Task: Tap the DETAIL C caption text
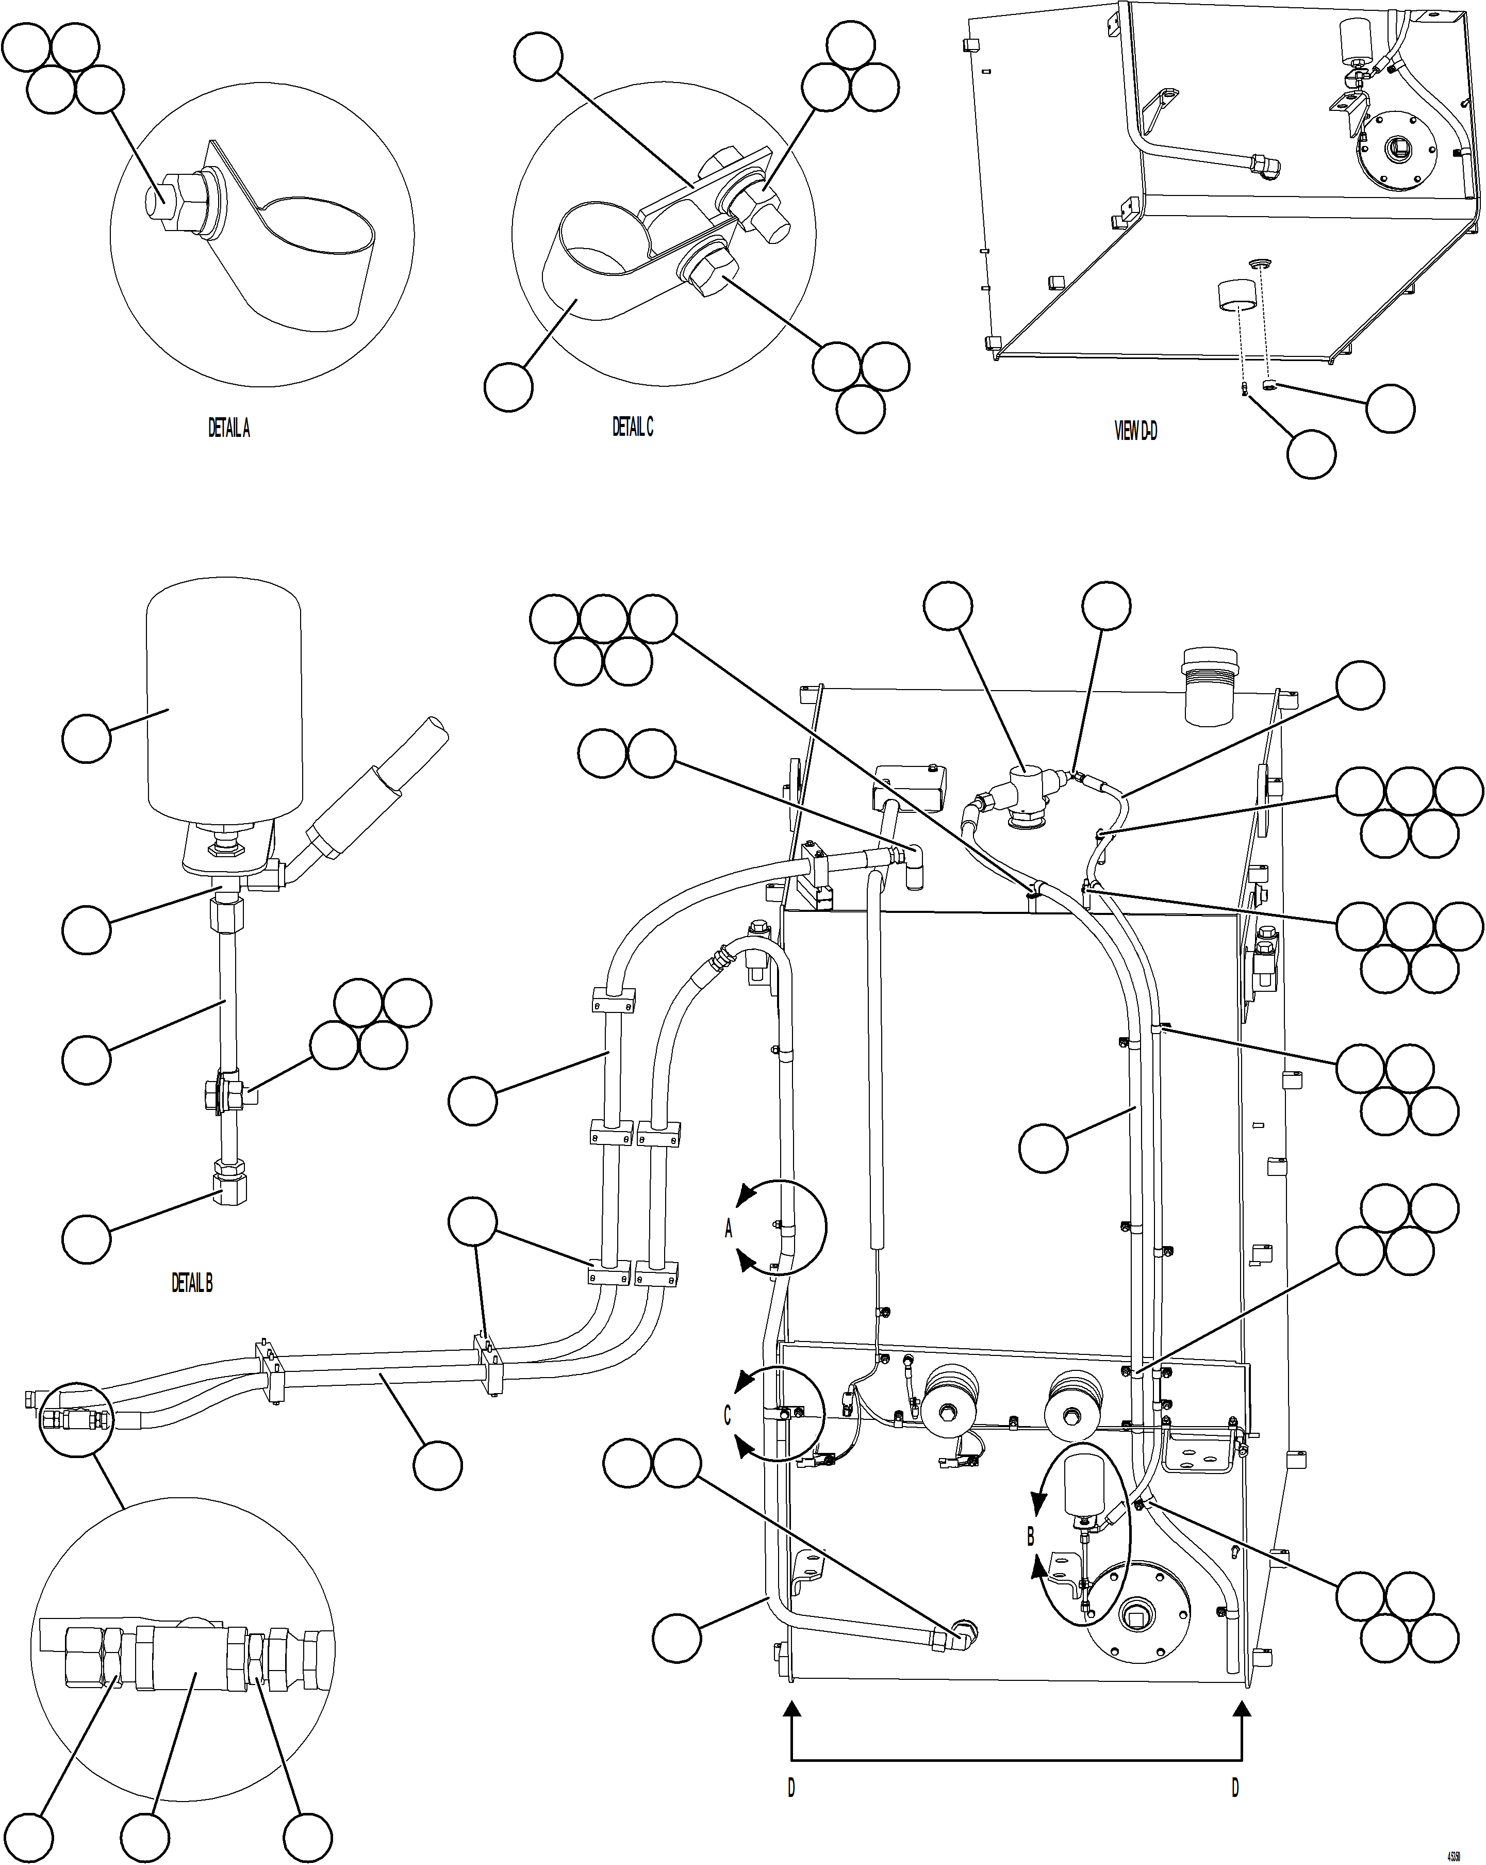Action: [x=632, y=427]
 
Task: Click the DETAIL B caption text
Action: [x=191, y=1283]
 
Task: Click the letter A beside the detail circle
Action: [x=728, y=1229]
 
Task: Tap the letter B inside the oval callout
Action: [x=1030, y=1536]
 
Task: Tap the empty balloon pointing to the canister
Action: [x=87, y=738]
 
